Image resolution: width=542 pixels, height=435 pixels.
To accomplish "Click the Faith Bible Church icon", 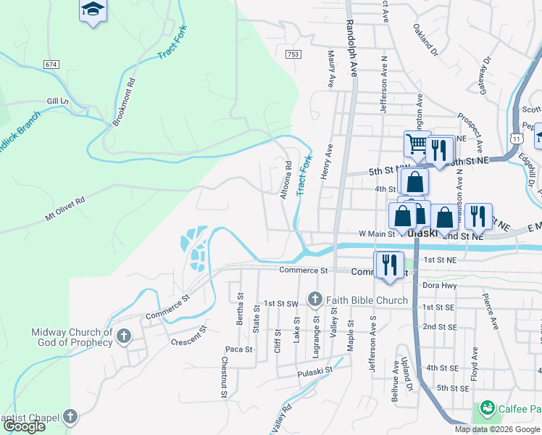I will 314,299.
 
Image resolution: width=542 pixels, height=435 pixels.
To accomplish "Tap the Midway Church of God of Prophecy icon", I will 124,336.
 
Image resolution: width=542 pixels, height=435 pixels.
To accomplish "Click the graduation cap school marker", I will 92,9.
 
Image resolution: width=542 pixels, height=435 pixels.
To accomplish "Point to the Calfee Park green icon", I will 486,410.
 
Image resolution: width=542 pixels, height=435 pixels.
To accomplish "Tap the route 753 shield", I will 293,54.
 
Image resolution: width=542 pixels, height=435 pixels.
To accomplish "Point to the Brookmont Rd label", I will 124,101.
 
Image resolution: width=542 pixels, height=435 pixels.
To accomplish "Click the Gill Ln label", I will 57,101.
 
